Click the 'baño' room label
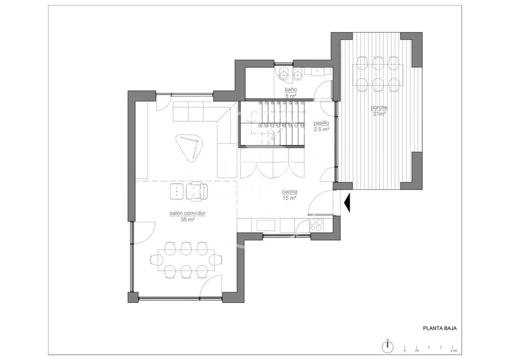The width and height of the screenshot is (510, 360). (x=291, y=90)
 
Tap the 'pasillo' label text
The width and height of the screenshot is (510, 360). (x=321, y=123)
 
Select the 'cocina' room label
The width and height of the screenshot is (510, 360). (x=290, y=192)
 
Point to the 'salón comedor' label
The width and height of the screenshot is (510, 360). (x=187, y=213)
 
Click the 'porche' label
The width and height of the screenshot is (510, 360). (x=379, y=108)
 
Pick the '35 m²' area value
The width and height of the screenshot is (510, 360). (x=187, y=219)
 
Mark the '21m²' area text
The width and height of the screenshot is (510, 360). (x=379, y=114)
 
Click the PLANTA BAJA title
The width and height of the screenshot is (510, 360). (x=440, y=328)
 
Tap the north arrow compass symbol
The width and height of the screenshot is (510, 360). (x=388, y=347)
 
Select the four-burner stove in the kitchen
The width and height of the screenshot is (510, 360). (x=315, y=225)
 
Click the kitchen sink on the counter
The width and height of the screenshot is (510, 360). (x=266, y=225)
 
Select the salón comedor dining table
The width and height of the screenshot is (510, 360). (x=186, y=260)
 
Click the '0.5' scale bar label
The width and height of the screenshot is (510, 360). (x=417, y=351)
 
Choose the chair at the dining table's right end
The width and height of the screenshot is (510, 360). (x=216, y=260)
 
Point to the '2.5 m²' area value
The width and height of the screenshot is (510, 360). (x=321, y=129)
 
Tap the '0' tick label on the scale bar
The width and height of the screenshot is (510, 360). (x=405, y=351)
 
